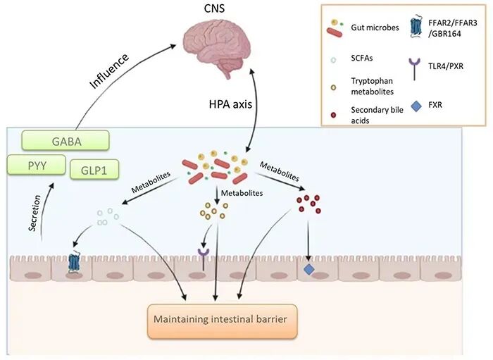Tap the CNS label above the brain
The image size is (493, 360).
click(x=214, y=8)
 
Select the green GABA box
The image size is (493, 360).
click(x=65, y=140)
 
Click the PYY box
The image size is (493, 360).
click(x=37, y=165)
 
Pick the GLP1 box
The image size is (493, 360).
click(x=94, y=170)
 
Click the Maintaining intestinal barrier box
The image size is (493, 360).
click(x=222, y=321)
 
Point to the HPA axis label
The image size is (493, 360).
click(x=230, y=104)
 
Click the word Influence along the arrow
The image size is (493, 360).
click(x=109, y=70)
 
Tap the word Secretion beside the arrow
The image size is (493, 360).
click(x=35, y=213)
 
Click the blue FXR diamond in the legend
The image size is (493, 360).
click(x=416, y=106)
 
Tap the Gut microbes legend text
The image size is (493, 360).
click(x=375, y=27)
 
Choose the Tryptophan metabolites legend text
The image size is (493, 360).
click(x=373, y=86)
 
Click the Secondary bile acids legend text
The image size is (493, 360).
click(x=377, y=115)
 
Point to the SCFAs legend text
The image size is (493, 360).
click(x=361, y=58)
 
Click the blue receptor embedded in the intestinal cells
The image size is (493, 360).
click(x=74, y=263)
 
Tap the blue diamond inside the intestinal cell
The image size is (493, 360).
click(x=309, y=269)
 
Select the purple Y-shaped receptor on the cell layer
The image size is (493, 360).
click(x=204, y=259)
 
